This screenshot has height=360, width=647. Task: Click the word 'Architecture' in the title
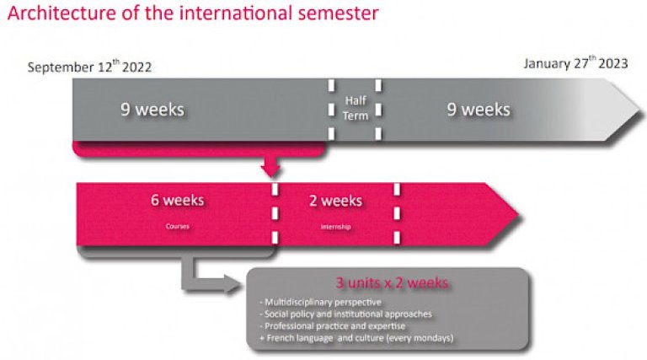(61, 13)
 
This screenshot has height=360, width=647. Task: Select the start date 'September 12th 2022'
(89, 67)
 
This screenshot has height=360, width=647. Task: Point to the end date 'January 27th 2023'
(575, 62)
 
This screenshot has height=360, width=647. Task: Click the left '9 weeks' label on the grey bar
(152, 110)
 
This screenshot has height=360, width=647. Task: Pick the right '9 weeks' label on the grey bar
(479, 110)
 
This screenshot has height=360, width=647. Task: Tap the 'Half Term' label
(356, 108)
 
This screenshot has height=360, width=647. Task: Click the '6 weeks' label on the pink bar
(178, 200)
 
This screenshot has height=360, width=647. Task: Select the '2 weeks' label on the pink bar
(335, 201)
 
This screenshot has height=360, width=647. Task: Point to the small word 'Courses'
(178, 226)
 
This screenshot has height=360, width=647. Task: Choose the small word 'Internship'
(335, 227)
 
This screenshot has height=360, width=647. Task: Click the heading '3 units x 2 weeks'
(392, 282)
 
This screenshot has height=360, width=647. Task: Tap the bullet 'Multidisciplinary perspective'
(321, 302)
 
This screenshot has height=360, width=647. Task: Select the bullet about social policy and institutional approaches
(345, 314)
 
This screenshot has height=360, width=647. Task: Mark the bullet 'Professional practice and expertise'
(333, 326)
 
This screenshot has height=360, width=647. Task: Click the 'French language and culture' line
(356, 338)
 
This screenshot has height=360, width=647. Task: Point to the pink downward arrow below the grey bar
(270, 166)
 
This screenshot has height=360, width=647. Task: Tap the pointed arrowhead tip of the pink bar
(518, 214)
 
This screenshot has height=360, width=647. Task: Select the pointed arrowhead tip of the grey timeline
(642, 110)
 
